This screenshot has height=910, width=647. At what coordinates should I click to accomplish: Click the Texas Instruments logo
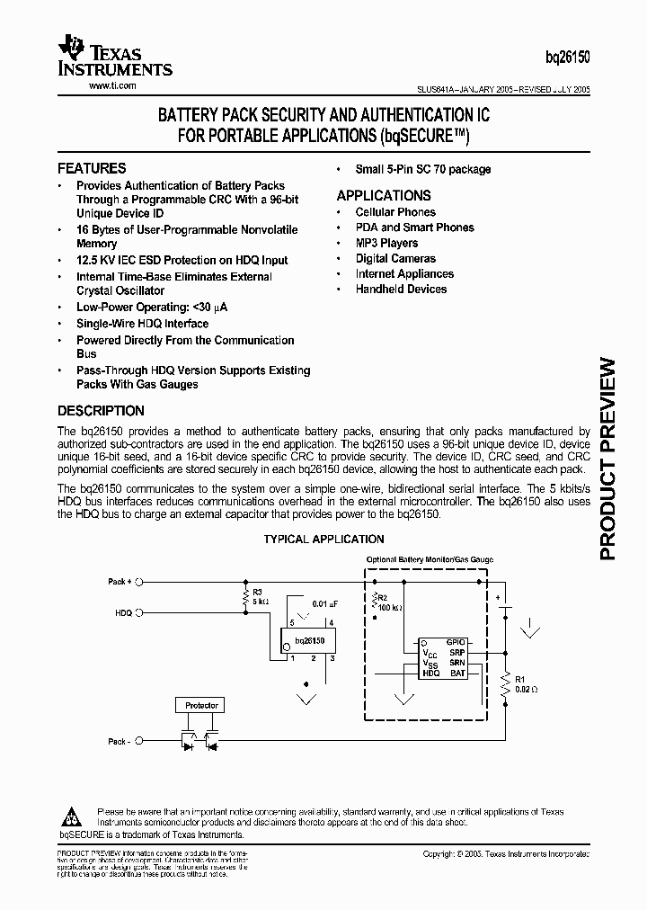pos(114,57)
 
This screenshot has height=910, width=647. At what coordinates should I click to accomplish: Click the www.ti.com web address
pos(112,85)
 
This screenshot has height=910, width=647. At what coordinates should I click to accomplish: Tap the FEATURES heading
pos(92,168)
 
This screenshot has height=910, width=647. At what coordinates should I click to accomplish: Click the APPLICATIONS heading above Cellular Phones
pos(384,195)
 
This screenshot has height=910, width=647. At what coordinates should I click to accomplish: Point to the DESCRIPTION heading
pos(101,411)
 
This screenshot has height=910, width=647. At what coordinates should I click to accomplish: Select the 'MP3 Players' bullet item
pos(386,243)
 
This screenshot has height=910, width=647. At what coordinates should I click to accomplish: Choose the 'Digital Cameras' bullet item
pos(395,258)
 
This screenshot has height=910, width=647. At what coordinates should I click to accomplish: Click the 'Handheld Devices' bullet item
pos(401,289)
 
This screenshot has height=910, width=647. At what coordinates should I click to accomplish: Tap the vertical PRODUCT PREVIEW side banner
pos(607,459)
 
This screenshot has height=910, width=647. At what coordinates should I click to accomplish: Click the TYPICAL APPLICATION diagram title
pos(323,540)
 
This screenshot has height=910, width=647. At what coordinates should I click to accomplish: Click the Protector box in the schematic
pos(201,705)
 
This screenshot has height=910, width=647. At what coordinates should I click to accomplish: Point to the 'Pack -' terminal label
pos(118,742)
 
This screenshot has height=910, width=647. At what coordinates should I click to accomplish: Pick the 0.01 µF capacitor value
pos(325,603)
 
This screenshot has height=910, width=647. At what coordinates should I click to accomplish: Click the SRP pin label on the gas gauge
pos(457,651)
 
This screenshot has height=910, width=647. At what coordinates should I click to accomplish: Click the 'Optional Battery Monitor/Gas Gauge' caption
pos(430,559)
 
